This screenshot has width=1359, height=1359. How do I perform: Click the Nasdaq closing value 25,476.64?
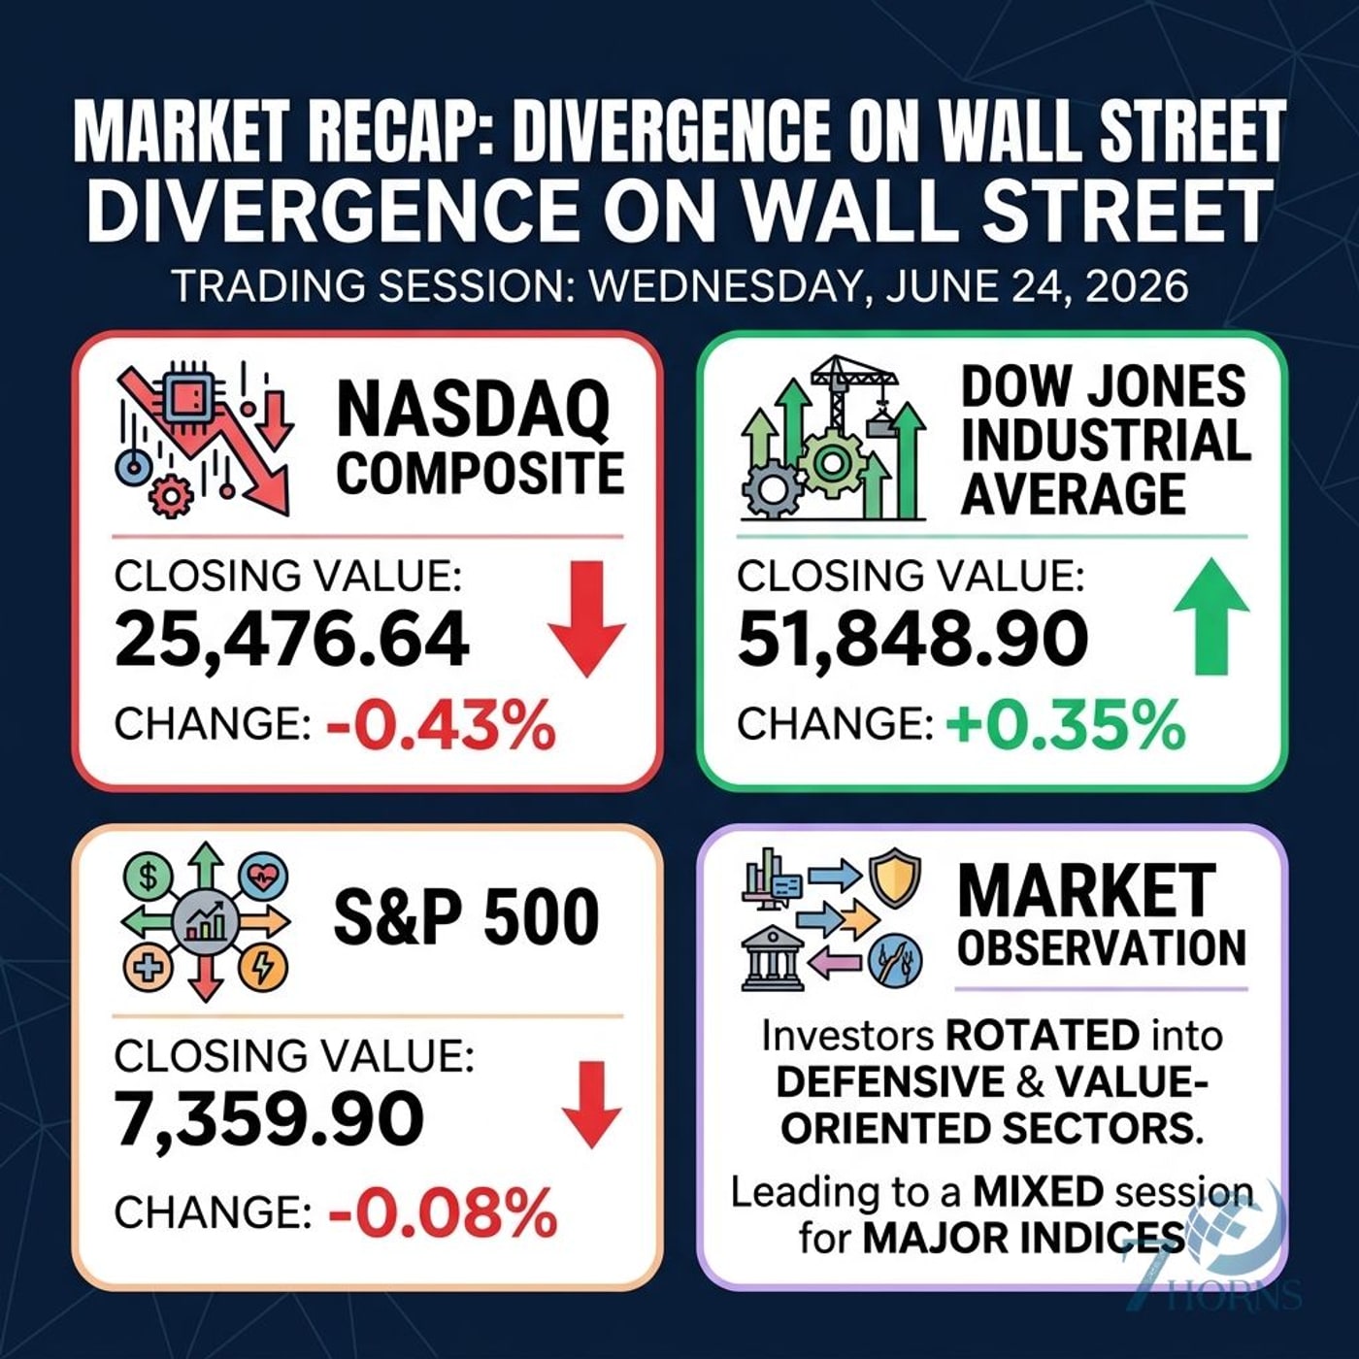291,640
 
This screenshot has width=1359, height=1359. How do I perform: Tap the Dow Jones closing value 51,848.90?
912,640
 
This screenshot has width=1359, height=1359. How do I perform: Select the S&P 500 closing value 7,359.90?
270,1119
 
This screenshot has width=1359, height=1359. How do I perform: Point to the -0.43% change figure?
441,725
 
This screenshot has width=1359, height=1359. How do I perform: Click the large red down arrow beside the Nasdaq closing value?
586,619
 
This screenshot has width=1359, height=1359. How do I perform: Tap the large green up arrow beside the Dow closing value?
1211,615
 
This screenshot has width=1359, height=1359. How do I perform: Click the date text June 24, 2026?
1032,287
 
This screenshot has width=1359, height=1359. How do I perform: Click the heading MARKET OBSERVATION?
1102,916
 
